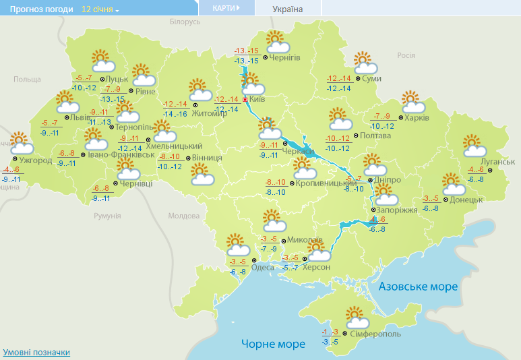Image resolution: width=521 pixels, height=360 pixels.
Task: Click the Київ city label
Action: click(x=257, y=99)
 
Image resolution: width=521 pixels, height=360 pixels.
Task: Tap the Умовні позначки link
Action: click(x=36, y=353)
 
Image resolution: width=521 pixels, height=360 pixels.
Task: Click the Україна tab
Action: click(x=288, y=9)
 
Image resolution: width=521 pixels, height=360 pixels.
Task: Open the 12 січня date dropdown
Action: click(x=100, y=10)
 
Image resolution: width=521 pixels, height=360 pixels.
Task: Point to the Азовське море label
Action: click(x=418, y=287)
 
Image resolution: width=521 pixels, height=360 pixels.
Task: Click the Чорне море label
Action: click(x=273, y=344)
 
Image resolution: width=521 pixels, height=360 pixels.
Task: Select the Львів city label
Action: click(x=77, y=117)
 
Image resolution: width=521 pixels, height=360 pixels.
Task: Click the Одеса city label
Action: click(x=263, y=268)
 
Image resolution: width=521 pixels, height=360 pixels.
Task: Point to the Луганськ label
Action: click(x=499, y=162)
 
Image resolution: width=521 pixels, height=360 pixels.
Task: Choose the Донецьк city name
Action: click(x=466, y=200)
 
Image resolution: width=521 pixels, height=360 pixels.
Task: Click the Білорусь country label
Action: click(x=185, y=22)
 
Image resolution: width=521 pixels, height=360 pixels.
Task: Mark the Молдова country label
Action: click(x=184, y=216)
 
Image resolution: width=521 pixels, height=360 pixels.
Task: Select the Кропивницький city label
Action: click(x=326, y=183)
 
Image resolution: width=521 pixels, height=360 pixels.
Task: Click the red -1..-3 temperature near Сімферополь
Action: click(x=330, y=332)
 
